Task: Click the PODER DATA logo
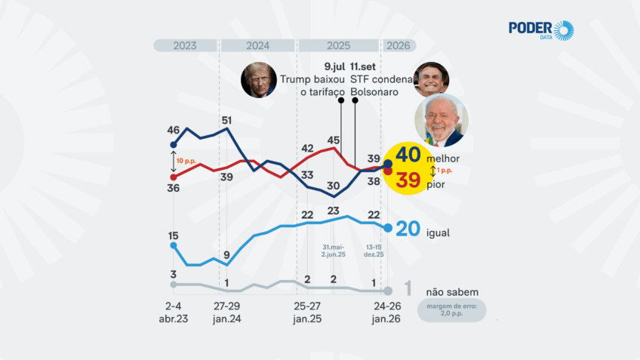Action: tap(540, 30)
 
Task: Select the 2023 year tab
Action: tap(185, 45)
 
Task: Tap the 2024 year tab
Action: tap(257, 45)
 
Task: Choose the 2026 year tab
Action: tap(398, 45)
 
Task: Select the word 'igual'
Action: tap(438, 232)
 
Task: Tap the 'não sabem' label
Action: tap(452, 292)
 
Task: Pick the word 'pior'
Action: tap(435, 185)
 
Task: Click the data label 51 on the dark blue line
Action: tap(226, 120)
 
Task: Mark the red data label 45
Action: tap(334, 140)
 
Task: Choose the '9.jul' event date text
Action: tap(334, 66)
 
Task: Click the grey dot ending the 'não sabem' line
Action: tap(388, 291)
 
